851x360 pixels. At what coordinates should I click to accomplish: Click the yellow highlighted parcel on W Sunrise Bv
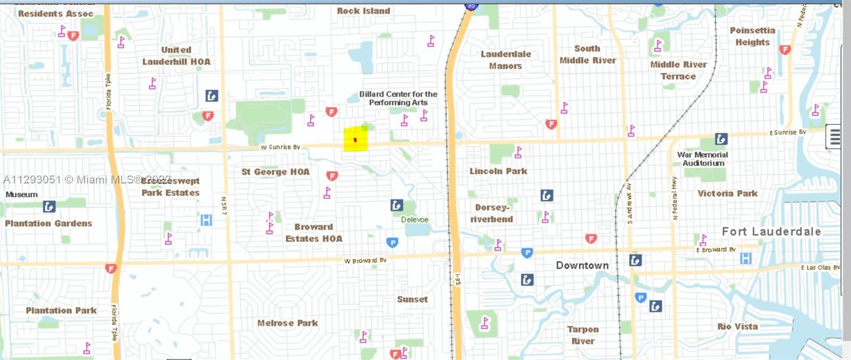point(355,139)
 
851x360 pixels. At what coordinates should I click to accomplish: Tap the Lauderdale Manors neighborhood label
point(505,60)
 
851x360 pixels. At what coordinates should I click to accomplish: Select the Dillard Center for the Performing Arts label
point(398,98)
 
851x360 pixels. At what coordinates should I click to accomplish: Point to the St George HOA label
point(275,172)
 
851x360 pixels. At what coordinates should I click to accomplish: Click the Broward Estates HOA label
point(314,233)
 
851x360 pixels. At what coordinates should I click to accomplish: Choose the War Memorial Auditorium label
point(703,159)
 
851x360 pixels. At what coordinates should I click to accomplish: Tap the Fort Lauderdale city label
point(771,231)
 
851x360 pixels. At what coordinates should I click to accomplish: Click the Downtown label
point(582,265)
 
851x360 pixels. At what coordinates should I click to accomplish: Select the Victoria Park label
point(727,194)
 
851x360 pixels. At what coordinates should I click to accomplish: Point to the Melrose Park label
point(287,323)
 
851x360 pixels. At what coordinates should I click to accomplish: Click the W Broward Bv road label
point(365,261)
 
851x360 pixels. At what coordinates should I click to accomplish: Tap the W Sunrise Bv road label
point(280,147)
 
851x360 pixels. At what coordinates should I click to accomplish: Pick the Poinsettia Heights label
point(752,36)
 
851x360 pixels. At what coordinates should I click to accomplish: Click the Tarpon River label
point(583,335)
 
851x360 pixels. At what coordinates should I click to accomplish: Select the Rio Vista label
point(737,326)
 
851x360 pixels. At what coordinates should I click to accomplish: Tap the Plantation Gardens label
point(48,223)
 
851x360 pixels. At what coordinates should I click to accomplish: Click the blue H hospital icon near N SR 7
point(206,220)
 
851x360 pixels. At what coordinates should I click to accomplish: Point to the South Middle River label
point(587,54)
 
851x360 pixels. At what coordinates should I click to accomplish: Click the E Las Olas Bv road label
point(820,267)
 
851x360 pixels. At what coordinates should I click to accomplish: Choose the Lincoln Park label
point(498,171)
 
